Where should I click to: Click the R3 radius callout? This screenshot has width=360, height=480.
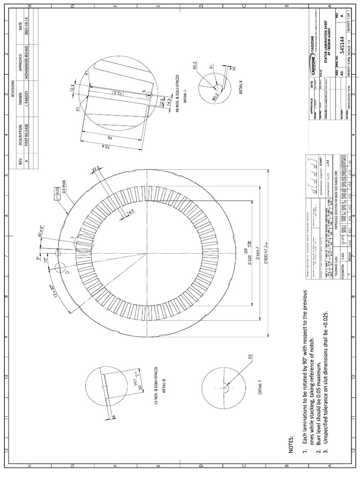click(250, 357)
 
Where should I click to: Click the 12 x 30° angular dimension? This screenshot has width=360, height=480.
click(55, 293)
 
